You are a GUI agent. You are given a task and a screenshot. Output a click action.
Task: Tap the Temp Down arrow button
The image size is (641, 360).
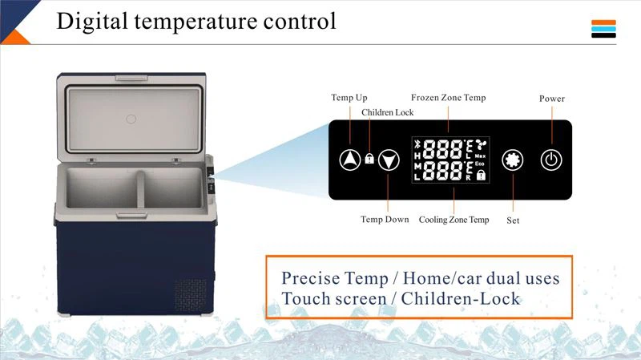point(389,160)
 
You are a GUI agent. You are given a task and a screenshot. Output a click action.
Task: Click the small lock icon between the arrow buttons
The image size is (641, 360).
point(369,159)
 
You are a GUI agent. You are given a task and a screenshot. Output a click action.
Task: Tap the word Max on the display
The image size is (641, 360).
point(480,155)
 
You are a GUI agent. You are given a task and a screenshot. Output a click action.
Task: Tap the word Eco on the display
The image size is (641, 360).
point(479,164)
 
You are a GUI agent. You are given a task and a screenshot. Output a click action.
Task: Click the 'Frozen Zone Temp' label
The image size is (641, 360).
point(448,98)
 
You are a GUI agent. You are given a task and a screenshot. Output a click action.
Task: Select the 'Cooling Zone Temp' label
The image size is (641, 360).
point(454,220)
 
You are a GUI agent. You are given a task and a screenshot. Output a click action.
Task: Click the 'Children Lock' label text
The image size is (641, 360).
point(387,113)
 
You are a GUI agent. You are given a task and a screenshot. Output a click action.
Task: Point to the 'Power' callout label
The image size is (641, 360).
point(551,99)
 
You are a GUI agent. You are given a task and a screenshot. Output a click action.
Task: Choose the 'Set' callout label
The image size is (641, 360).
point(513,220)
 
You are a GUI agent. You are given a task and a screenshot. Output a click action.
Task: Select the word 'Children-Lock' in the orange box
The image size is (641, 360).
point(461,299)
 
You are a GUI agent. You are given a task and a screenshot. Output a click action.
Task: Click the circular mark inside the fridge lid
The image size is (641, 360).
point(131,119)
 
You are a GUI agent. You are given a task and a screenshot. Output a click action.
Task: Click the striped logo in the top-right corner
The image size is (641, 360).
point(603,29)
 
